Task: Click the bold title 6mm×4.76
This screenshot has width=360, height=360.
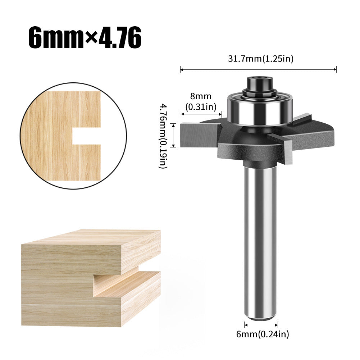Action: tap(85, 38)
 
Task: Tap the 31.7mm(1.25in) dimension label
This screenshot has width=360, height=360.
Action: tap(261, 59)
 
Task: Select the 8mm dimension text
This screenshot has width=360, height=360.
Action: tap(201, 96)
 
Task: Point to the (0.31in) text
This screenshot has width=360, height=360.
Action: tap(201, 107)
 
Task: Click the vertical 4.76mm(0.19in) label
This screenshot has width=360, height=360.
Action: tap(164, 136)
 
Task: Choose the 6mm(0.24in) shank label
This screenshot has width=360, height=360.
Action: tap(263, 334)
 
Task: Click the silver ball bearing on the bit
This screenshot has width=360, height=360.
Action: tap(260, 109)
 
